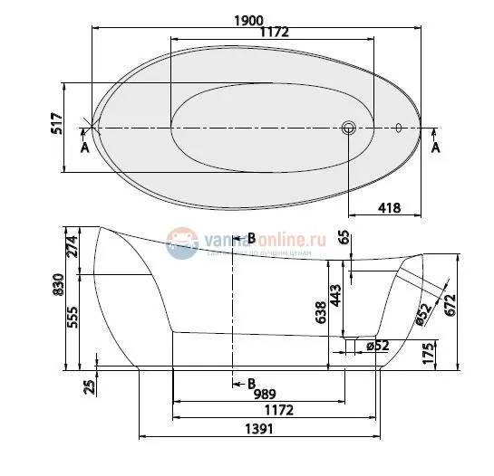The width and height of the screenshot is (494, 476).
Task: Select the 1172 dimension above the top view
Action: click(274, 33)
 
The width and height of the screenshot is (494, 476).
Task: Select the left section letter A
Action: click(85, 148)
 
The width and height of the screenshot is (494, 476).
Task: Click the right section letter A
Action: click(436, 148)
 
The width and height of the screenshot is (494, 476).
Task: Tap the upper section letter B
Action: click(251, 238)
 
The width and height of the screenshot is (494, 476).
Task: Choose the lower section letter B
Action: click(251, 382)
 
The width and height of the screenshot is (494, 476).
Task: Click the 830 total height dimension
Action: click(56, 285)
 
